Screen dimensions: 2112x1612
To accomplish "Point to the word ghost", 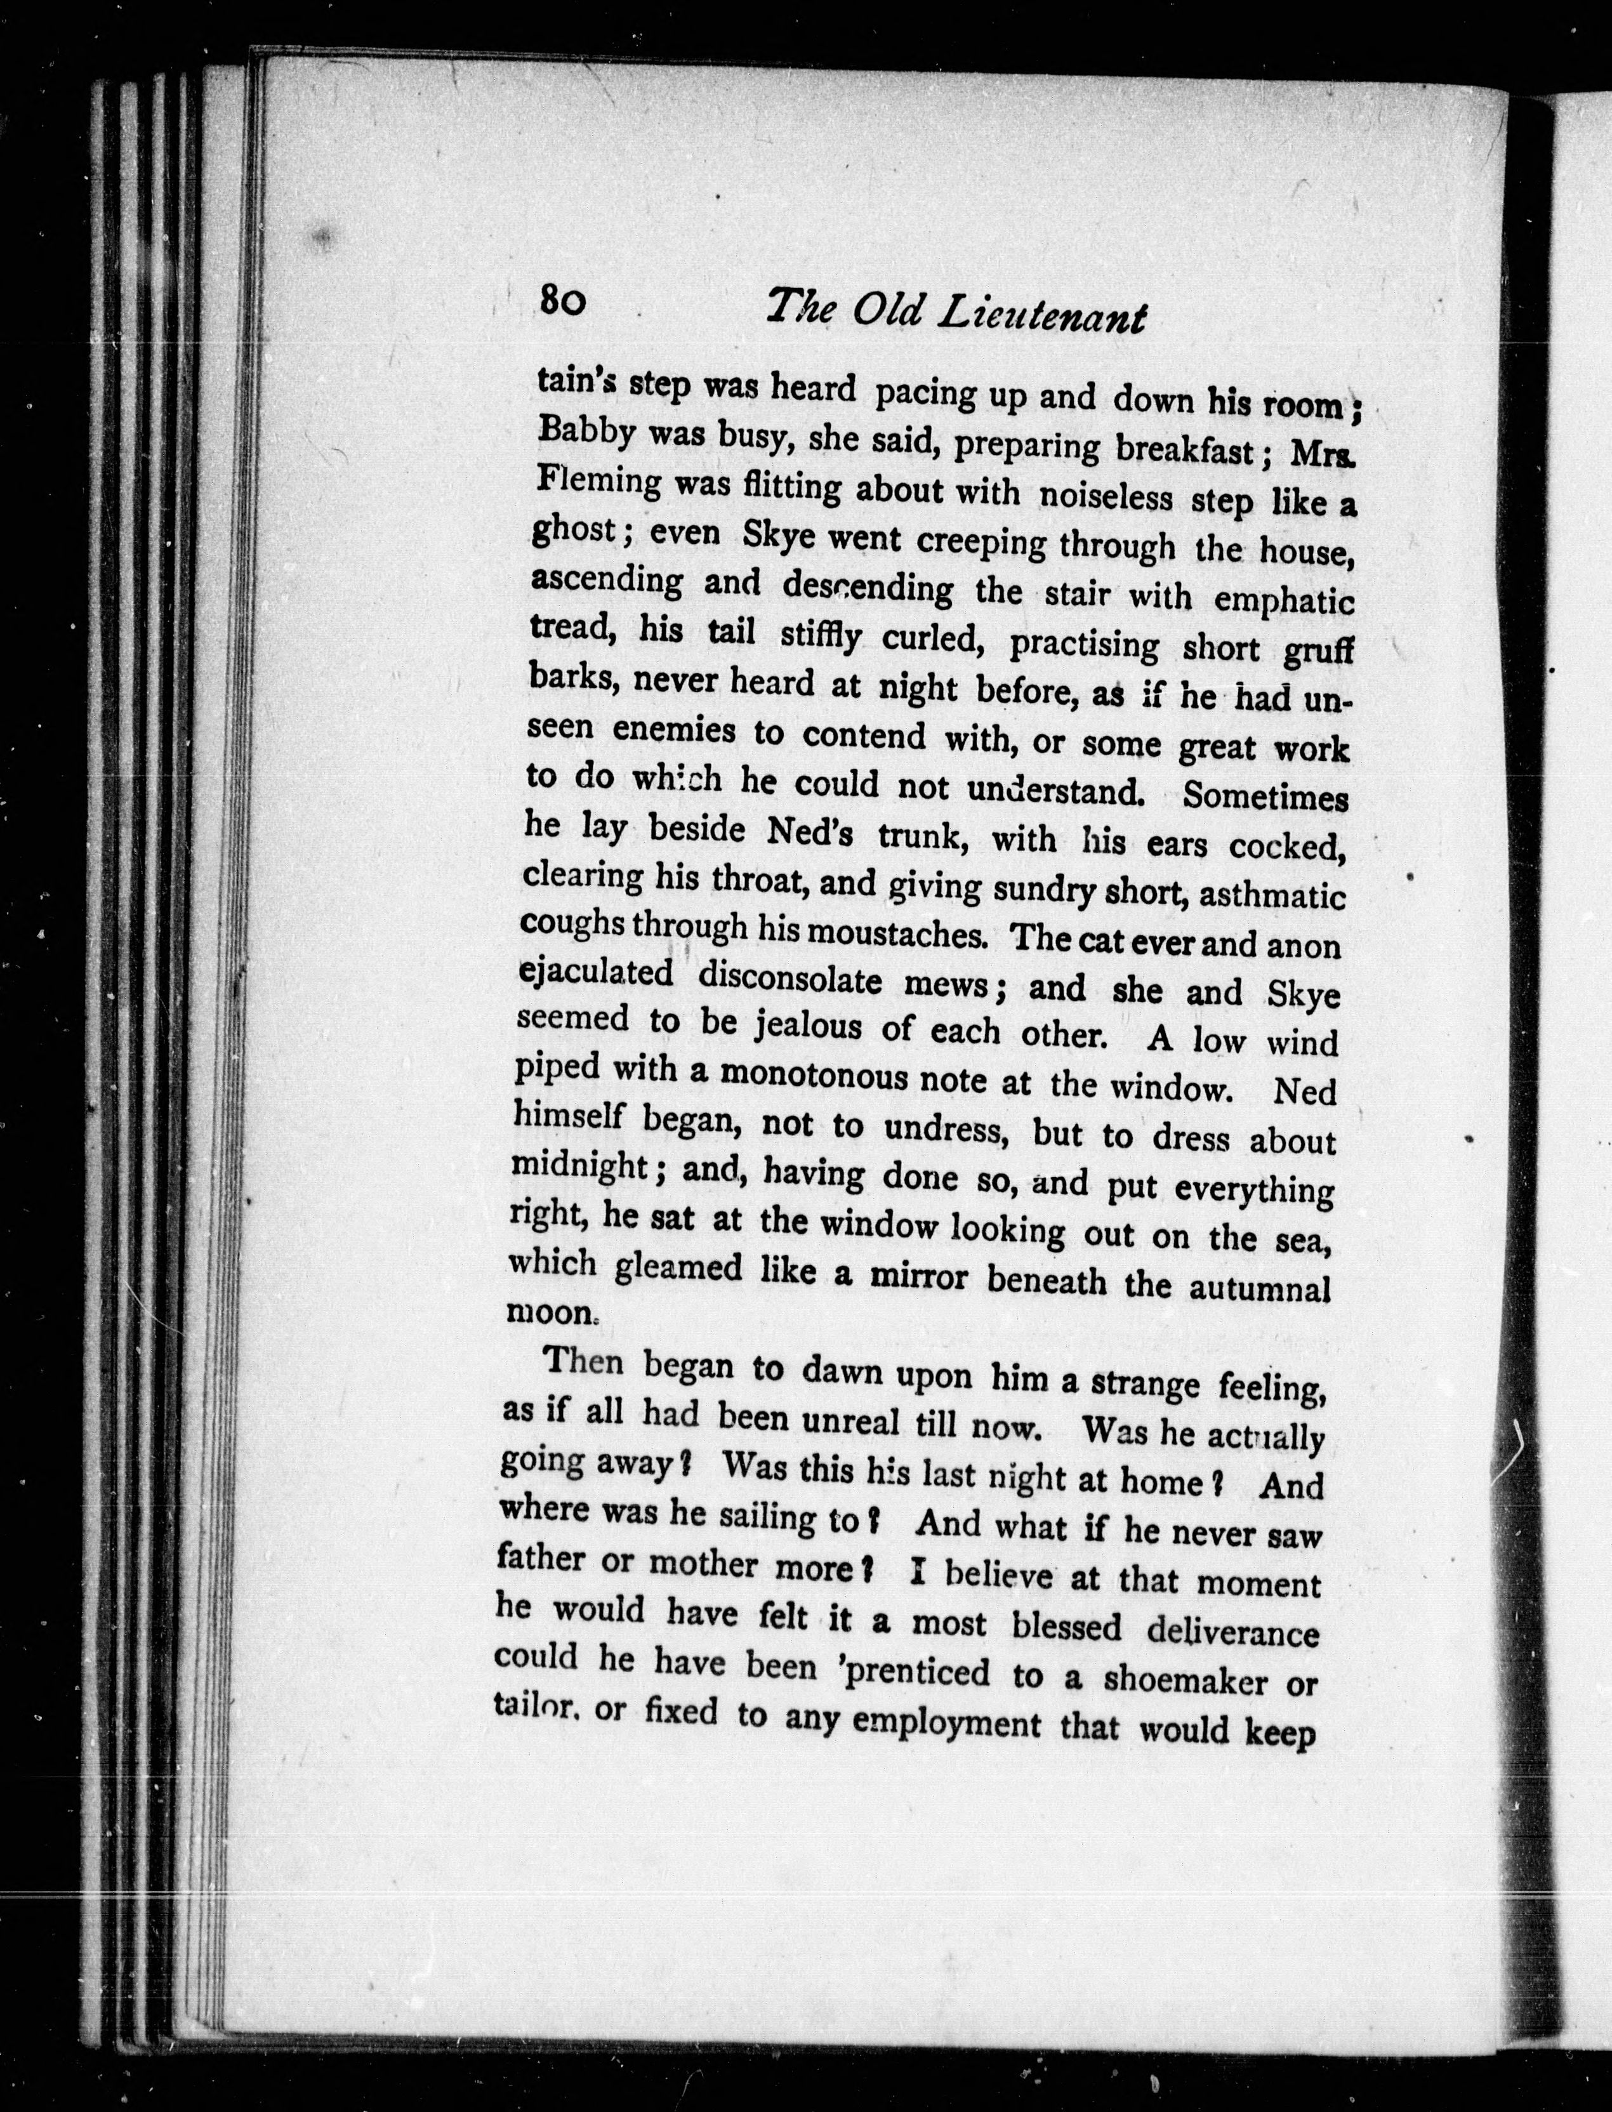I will coord(573,531).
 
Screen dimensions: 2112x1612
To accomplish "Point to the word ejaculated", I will coord(595,974).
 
